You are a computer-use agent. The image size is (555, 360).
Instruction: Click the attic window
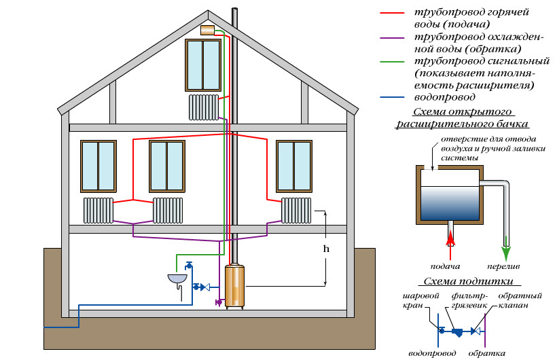202,65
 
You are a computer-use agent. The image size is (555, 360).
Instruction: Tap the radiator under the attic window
203,107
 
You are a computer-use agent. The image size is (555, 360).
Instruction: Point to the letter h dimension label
326,249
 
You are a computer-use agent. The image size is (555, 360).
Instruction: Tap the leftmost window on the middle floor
98,166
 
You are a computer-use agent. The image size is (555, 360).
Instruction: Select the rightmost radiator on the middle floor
296,210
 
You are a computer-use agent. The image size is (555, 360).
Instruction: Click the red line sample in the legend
401,13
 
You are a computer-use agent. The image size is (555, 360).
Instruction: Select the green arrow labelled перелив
505,240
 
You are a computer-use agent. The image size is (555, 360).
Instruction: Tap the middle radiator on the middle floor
168,210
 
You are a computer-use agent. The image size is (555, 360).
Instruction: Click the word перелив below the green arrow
504,266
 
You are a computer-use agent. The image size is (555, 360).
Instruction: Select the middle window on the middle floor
166,166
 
